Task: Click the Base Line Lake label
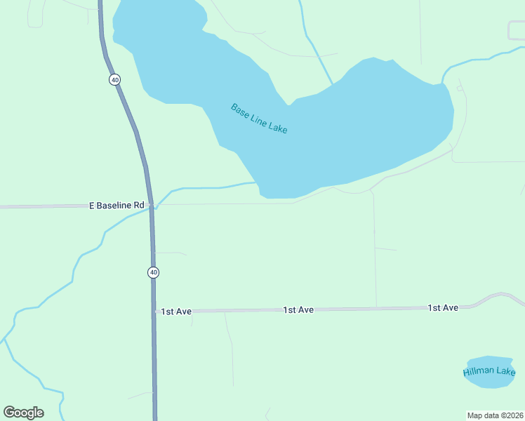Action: [x=259, y=119]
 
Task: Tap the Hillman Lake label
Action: [x=489, y=371]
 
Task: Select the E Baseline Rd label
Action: [x=117, y=206]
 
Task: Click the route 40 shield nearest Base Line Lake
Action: [x=114, y=80]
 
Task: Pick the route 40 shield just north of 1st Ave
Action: [x=153, y=272]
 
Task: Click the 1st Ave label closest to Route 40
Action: [x=175, y=311]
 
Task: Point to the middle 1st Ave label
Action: [x=298, y=309]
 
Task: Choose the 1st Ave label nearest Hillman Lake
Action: [x=443, y=308]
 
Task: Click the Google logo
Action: [x=23, y=413]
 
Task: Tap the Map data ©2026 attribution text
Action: [x=496, y=415]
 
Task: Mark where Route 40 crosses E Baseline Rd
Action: [x=151, y=206]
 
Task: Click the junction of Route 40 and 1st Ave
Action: [x=154, y=310]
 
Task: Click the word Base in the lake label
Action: [x=239, y=109]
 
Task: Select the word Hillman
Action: [x=479, y=372]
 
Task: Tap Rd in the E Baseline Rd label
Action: [x=139, y=206]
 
